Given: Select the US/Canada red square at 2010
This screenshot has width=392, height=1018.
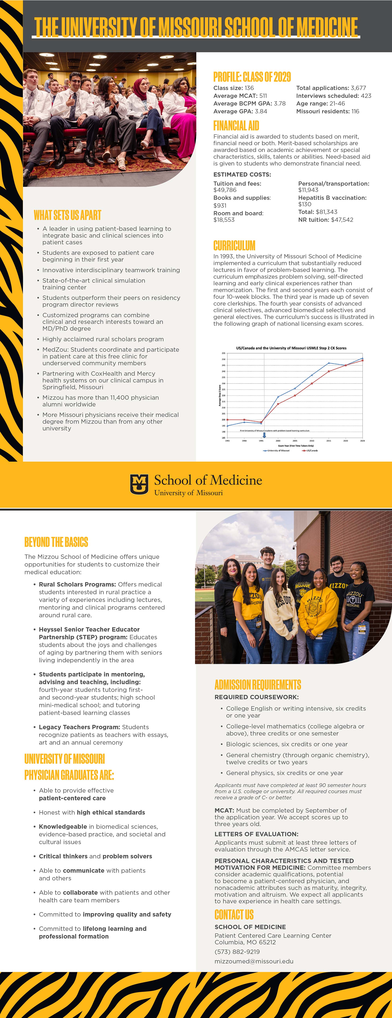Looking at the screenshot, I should pyautogui.click(x=312, y=383).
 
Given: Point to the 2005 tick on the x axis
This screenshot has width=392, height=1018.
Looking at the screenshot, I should pyautogui.click(x=295, y=440).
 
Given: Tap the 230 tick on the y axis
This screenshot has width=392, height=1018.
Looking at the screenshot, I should pyautogui.click(x=224, y=383).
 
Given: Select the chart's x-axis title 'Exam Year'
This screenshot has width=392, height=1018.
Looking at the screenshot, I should pyautogui.click(x=296, y=445).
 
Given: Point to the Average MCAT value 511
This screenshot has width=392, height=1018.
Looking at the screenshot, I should pyautogui.click(x=263, y=96).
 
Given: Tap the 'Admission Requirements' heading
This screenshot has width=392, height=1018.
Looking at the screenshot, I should pyautogui.click(x=258, y=684).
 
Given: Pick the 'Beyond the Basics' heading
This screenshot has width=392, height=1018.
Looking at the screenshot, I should pyautogui.click(x=56, y=542).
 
